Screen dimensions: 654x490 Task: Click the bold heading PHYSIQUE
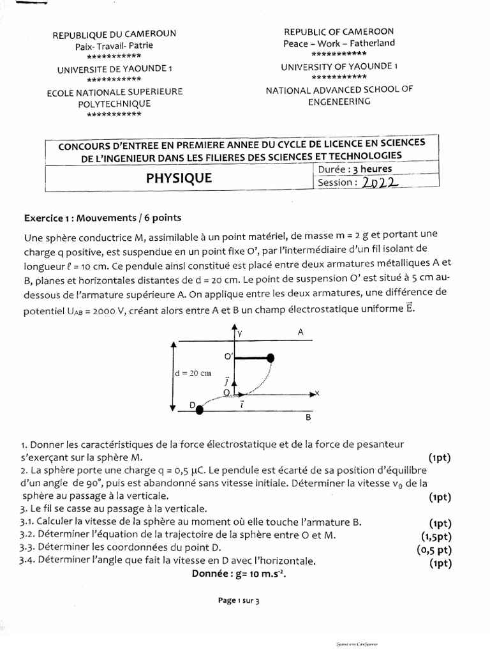tap(179, 179)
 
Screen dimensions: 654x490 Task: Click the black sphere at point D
tap(200, 410)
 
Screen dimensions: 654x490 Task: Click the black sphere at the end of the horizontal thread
tap(271, 358)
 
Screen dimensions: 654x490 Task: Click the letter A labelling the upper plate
tap(301, 332)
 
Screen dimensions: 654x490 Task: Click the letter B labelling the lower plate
tap(308, 418)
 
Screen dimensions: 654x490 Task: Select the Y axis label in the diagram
tap(240, 333)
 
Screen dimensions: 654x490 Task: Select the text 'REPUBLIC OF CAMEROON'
tap(339, 31)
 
